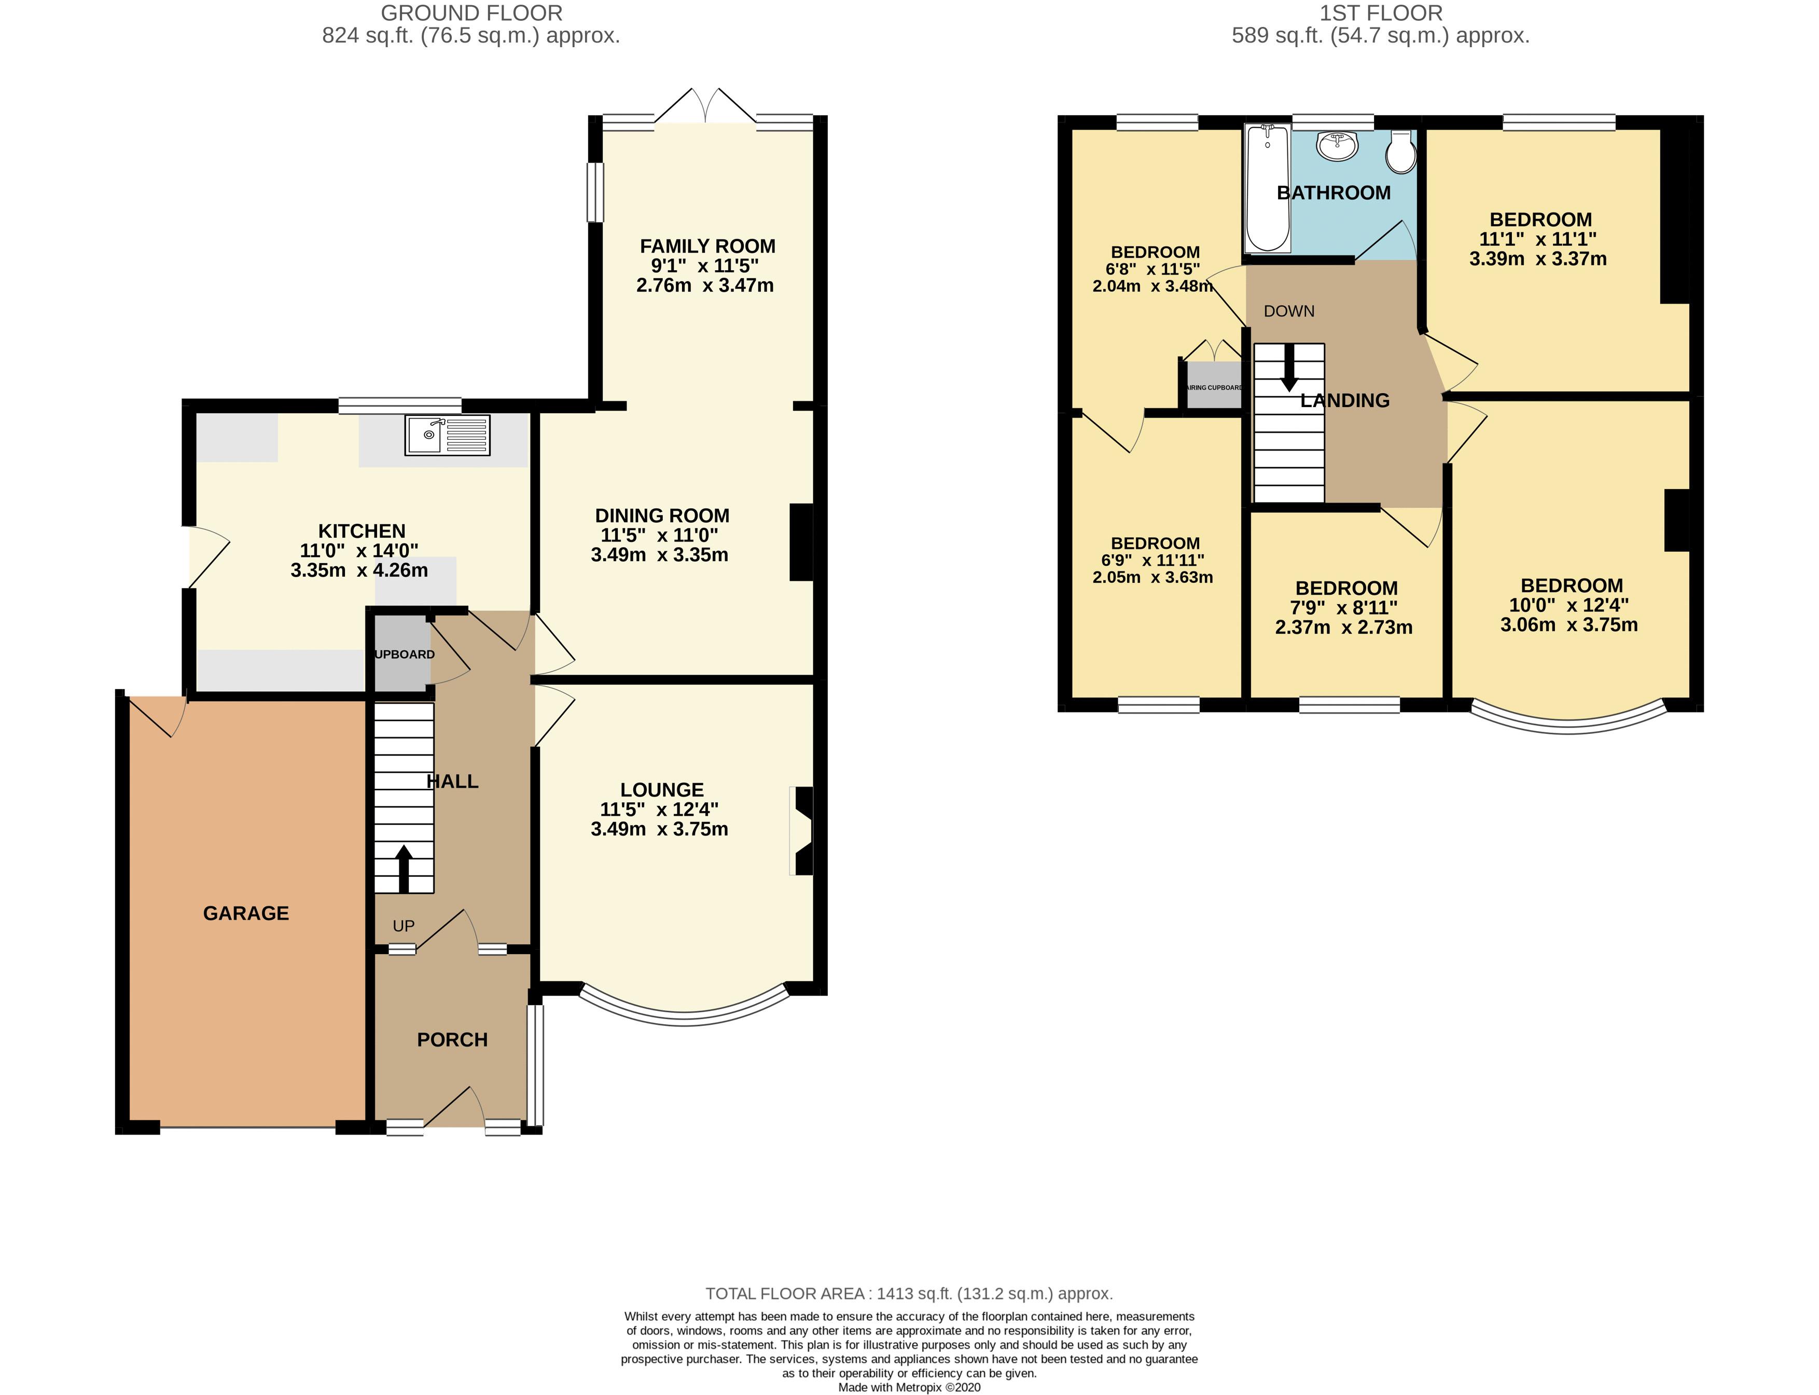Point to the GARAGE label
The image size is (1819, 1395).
click(246, 913)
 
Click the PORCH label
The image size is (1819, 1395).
click(452, 1040)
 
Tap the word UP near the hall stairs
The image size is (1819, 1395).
click(403, 926)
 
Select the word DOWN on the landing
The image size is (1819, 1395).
click(1288, 311)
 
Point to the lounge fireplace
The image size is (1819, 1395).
click(802, 830)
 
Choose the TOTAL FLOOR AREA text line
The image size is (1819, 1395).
click(909, 1293)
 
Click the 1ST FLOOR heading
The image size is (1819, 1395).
click(1380, 13)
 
